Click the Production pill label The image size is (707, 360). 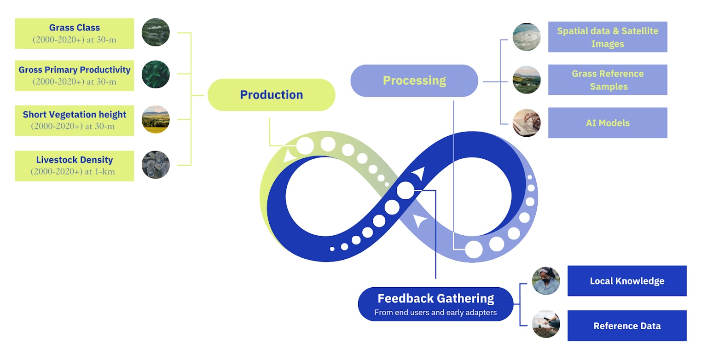tap(272, 95)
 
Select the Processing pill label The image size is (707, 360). tap(414, 81)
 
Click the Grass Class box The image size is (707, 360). tap(75, 34)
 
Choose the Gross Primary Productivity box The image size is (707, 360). tap(75, 75)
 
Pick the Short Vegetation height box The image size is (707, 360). tap(75, 120)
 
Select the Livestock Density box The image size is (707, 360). tap(75, 166)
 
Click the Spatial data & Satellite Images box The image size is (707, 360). tap(608, 37)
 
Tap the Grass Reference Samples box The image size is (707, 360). tap(608, 80)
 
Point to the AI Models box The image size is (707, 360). tap(608, 123)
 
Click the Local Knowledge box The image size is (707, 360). tap(627, 281)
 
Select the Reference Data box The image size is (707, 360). tap(627, 325)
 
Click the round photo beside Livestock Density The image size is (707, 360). tap(156, 165)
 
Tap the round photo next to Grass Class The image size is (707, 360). tap(156, 32)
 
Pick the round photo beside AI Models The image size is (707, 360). tap(527, 123)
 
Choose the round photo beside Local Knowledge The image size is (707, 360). tap(546, 281)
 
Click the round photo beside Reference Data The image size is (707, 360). tap(546, 324)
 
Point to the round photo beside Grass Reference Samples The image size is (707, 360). tap(527, 80)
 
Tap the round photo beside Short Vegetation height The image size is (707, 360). tap(156, 120)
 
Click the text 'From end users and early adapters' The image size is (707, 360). tap(435, 313)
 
